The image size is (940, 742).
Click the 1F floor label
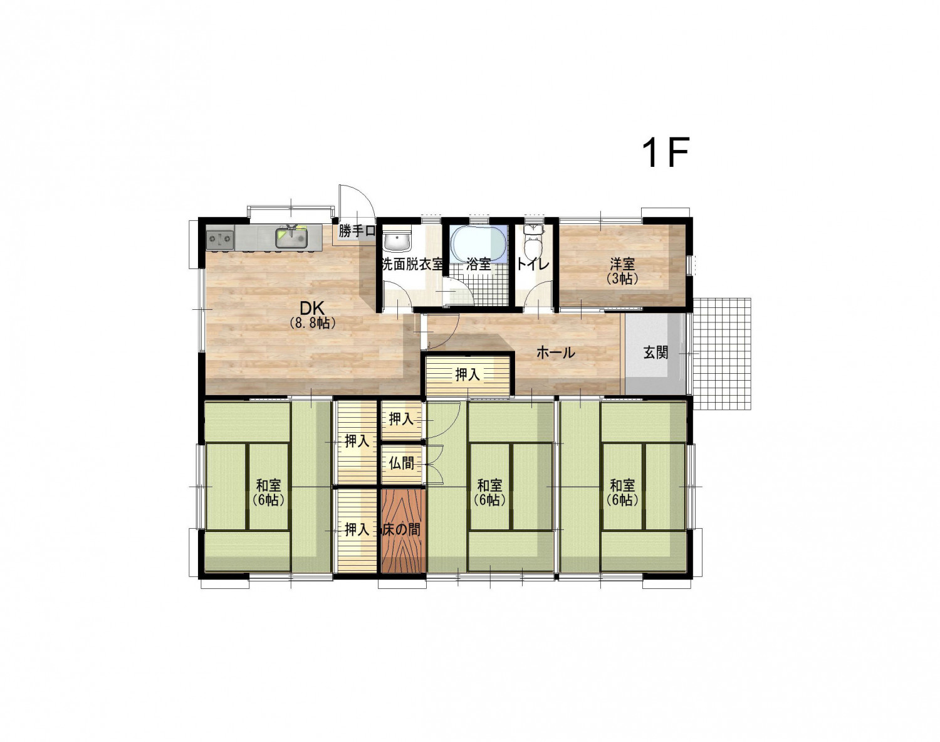coord(666,152)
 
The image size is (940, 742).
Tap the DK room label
coord(312,309)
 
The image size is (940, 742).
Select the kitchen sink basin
coord(292,238)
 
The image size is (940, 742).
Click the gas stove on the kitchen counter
coord(220,239)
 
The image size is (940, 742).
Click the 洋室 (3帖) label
coord(622,271)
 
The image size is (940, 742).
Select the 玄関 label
coord(655,352)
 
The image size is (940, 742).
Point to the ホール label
coord(556,352)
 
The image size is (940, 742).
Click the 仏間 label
coord(401,464)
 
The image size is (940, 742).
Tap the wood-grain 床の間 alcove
coord(403,531)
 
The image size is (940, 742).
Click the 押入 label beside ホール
coord(467,374)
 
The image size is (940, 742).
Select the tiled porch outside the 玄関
coord(721,354)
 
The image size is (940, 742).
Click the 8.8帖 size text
coord(312,323)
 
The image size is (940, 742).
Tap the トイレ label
coord(533,264)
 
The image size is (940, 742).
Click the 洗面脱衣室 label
coord(412,264)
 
